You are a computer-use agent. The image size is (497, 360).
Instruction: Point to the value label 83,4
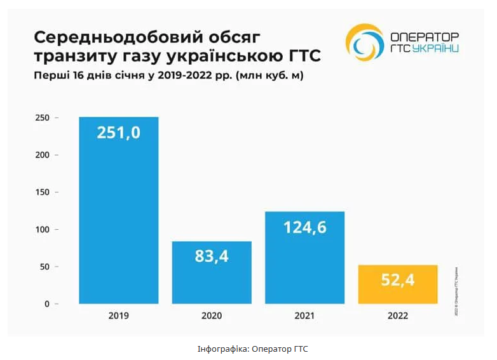click(212, 257)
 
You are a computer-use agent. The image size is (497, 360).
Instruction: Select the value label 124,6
click(304, 227)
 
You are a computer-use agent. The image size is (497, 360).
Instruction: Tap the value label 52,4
click(398, 280)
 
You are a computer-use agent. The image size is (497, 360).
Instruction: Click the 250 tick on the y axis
click(41, 117)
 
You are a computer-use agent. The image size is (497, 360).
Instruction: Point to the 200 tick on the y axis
click(41, 155)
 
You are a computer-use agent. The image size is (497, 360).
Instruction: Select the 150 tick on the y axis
click(41, 192)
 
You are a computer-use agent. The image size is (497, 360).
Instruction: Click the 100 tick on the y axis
click(41, 229)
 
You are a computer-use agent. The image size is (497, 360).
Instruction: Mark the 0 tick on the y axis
click(46, 304)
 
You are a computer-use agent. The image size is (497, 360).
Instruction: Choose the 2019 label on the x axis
click(118, 316)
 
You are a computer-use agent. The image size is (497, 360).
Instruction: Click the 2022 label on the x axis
click(398, 316)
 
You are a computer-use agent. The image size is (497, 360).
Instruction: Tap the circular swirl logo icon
click(364, 43)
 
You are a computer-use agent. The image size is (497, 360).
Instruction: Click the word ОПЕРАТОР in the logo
click(423, 37)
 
